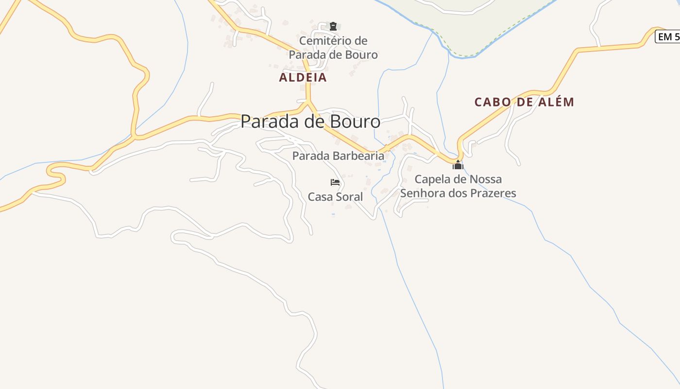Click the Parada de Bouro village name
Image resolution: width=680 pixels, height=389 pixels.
[310, 122]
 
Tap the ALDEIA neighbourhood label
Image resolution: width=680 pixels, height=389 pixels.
[303, 77]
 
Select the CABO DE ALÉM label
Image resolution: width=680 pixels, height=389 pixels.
[524, 102]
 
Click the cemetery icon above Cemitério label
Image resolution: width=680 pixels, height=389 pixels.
[333, 26]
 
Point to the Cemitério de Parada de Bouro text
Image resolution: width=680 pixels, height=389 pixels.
[333, 48]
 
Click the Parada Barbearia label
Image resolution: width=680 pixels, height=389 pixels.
[338, 156]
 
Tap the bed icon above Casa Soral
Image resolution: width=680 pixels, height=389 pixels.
[335, 182]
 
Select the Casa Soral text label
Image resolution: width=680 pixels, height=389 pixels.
[335, 197]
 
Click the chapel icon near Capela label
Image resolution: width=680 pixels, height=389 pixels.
[458, 165]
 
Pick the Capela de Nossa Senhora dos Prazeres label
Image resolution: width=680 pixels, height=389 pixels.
[458, 186]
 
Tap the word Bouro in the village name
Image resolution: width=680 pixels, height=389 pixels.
[357, 122]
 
